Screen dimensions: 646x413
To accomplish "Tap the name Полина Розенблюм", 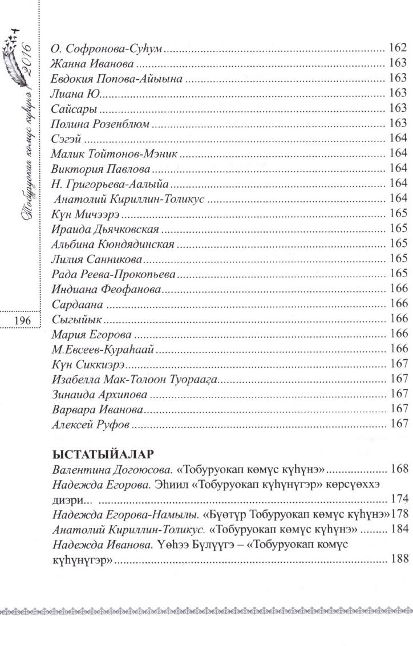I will pos(100,123).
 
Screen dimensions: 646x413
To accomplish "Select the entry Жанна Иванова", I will pos(92,62).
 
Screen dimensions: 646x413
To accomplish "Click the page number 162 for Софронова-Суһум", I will pos(397,47).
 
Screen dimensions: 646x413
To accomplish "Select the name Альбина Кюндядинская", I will pos(112,243).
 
